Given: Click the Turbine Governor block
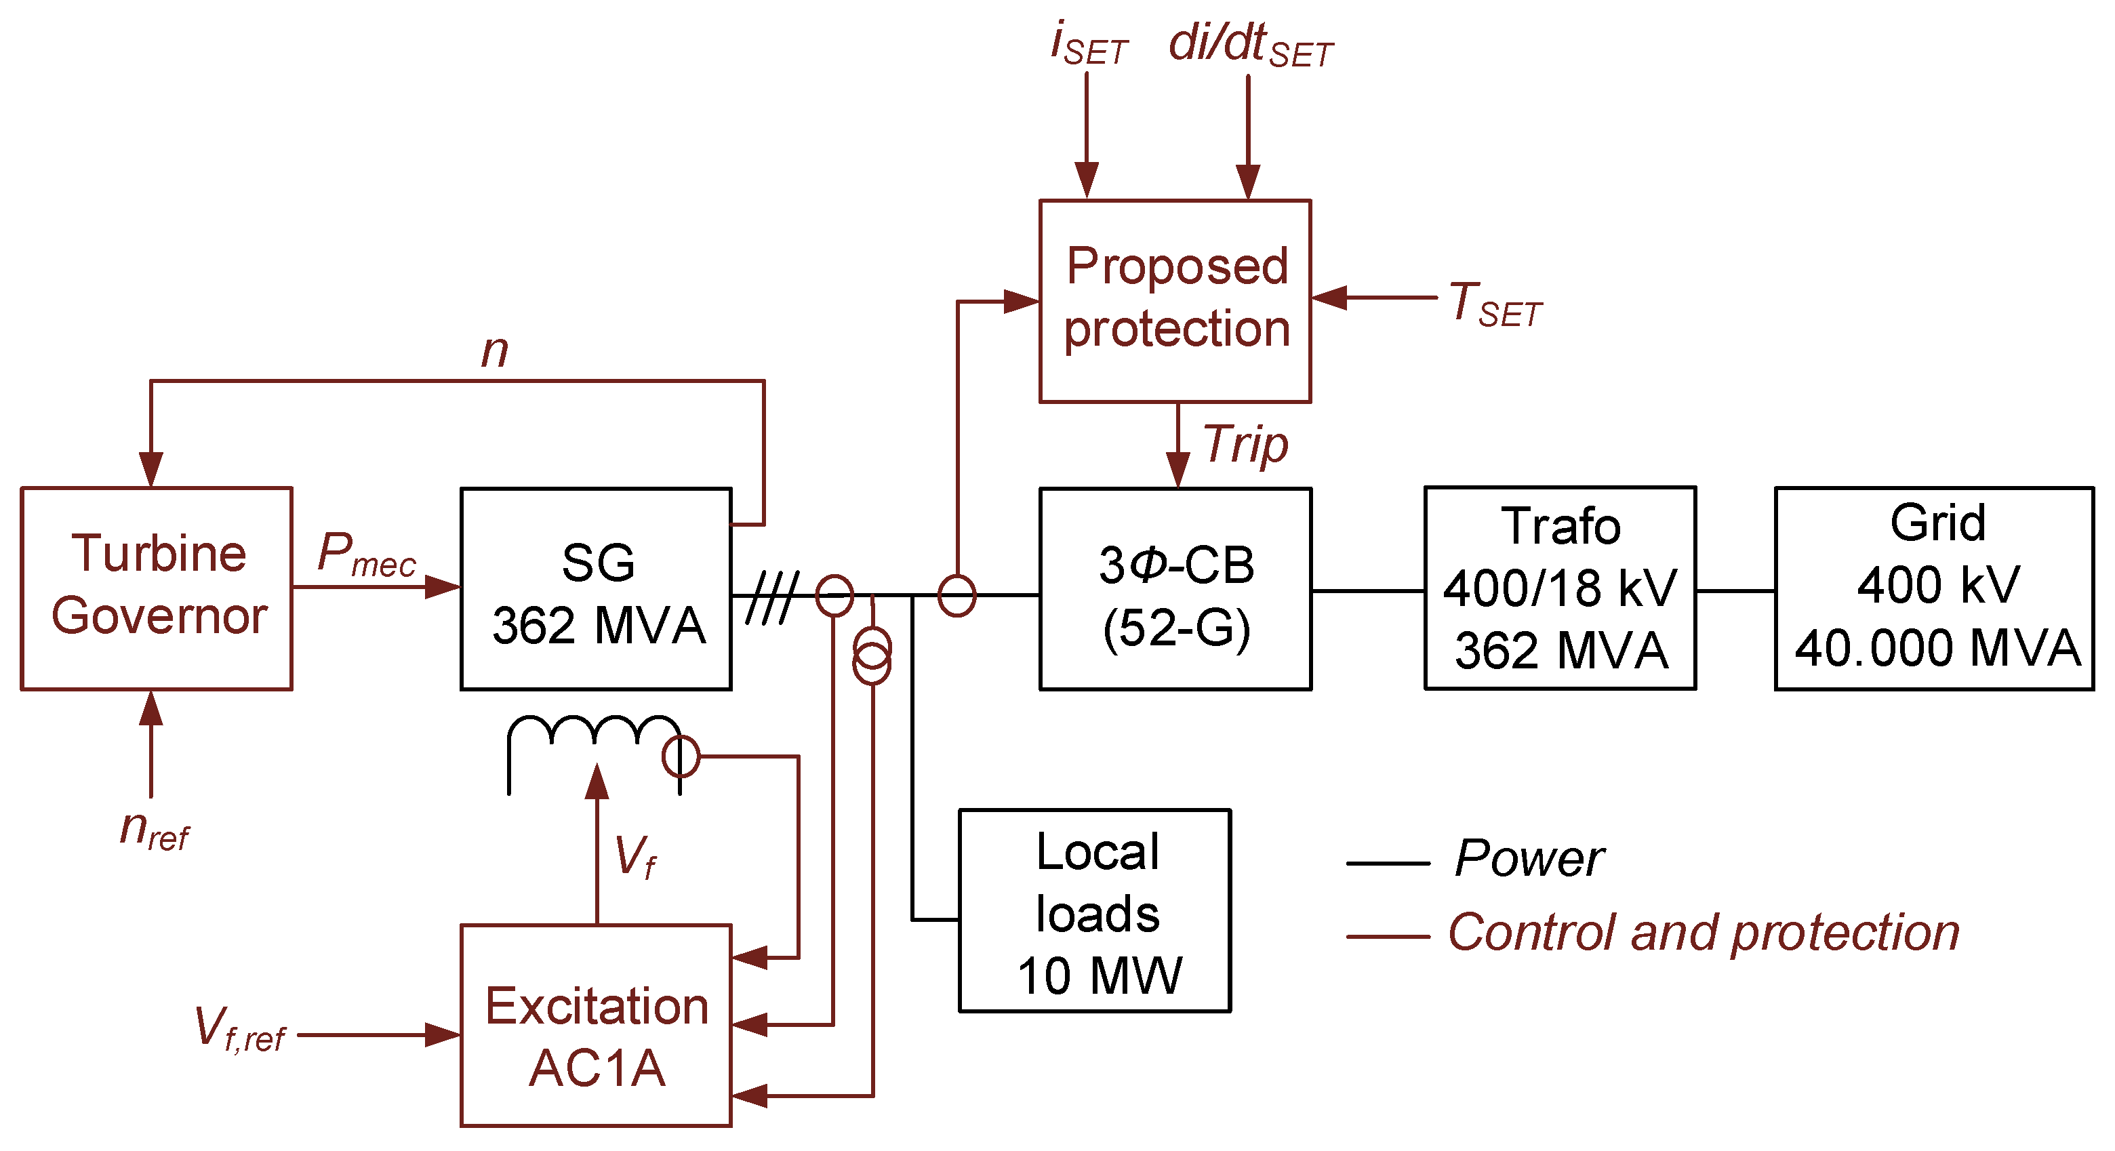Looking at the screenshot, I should (x=157, y=588).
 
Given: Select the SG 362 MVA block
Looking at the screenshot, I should (x=596, y=590).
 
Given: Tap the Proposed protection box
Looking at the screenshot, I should (x=1175, y=300).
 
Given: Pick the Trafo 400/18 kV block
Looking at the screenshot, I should (x=1559, y=588).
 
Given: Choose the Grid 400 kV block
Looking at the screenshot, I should (x=1935, y=588).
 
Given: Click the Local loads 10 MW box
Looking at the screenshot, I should (x=1095, y=911).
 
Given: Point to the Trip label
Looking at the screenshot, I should (x=1245, y=445).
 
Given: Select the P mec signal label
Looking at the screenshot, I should (x=366, y=555).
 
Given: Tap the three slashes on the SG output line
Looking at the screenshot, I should (x=772, y=598).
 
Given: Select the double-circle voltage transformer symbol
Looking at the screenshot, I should (x=872, y=655).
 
